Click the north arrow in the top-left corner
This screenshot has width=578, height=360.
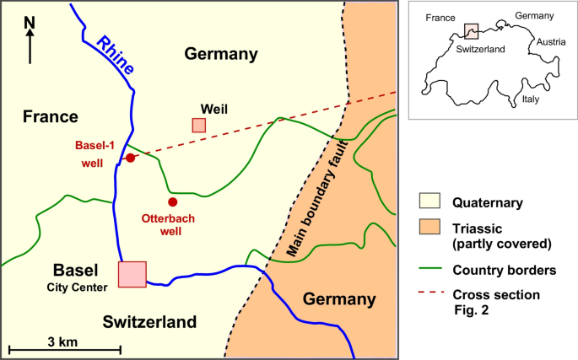point(30,40)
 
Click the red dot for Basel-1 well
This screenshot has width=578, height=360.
point(130,158)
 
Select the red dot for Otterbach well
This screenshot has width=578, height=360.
point(172,201)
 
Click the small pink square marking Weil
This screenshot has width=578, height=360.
point(198,125)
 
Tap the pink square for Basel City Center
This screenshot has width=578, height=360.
point(132,274)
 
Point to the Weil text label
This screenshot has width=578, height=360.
point(214,108)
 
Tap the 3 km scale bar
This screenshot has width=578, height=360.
point(64,349)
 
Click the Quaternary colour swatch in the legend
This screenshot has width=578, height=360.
point(429,201)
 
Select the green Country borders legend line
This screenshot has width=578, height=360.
point(430,270)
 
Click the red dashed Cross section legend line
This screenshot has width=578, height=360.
point(430,294)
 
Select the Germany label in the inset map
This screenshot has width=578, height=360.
point(534,15)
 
